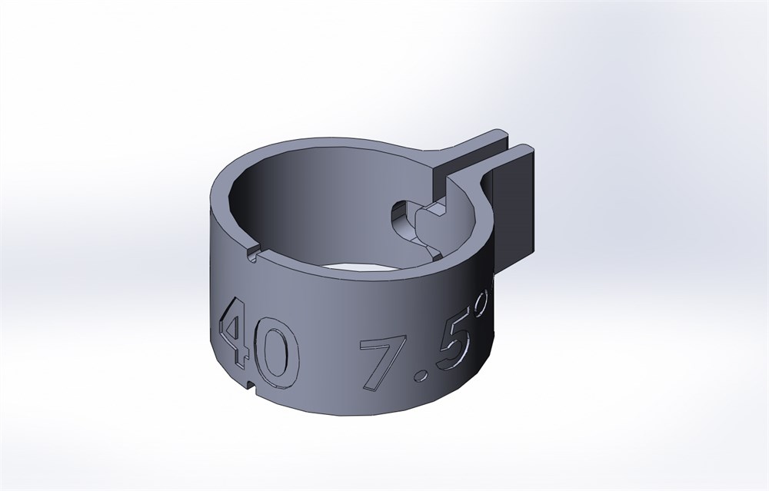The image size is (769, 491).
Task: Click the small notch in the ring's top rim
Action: point(251,255)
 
